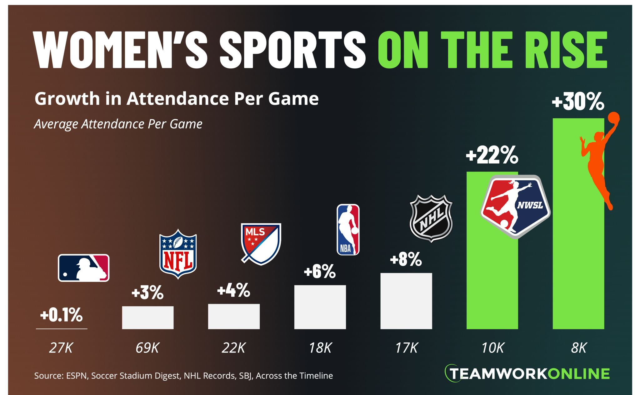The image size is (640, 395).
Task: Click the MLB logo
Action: pyautogui.click(x=84, y=268)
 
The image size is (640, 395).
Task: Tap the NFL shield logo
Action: pyautogui.click(x=178, y=254)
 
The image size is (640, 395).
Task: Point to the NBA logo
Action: pyautogui.click(x=348, y=230)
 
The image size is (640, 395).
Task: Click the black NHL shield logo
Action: pyautogui.click(x=431, y=218)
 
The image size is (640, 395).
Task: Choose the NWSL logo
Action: pyautogui.click(x=515, y=206)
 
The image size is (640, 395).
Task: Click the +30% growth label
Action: pyautogui.click(x=578, y=102)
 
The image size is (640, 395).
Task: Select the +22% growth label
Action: pyautogui.click(x=492, y=155)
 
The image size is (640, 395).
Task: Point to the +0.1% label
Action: pyautogui.click(x=62, y=315)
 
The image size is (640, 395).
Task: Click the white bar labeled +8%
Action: pyautogui.click(x=406, y=301)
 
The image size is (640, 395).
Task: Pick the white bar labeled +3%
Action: pyautogui.click(x=148, y=317)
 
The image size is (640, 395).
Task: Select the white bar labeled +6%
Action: pyautogui.click(x=320, y=307)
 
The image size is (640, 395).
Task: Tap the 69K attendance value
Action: pyautogui.click(x=147, y=348)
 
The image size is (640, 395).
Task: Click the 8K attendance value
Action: pyautogui.click(x=579, y=348)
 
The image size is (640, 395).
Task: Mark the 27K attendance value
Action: pyautogui.click(x=61, y=348)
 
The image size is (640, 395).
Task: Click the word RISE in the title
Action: pyautogui.click(x=565, y=50)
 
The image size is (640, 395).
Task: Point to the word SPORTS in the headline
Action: pyautogui.click(x=292, y=50)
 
